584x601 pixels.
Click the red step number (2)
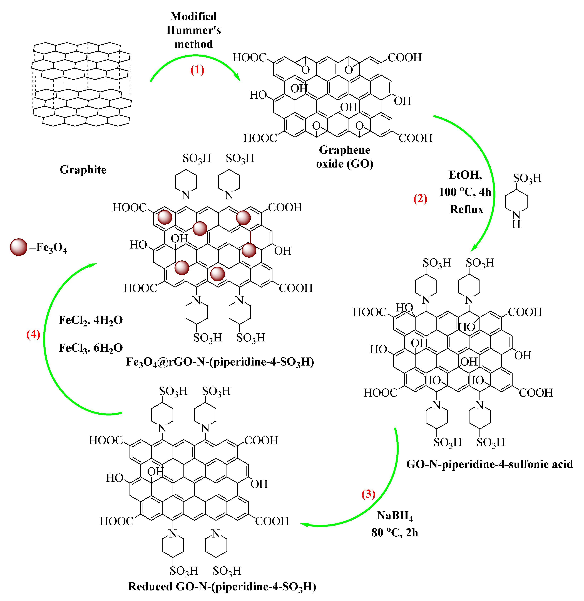click(x=420, y=199)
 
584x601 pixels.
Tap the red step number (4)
click(x=33, y=334)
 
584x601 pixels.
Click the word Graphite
click(x=83, y=170)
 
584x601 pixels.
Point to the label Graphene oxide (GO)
click(x=344, y=157)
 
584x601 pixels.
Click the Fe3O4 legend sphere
click(x=18, y=247)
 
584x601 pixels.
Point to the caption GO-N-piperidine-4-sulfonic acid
click(x=489, y=464)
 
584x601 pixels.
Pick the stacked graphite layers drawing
click(x=81, y=84)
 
